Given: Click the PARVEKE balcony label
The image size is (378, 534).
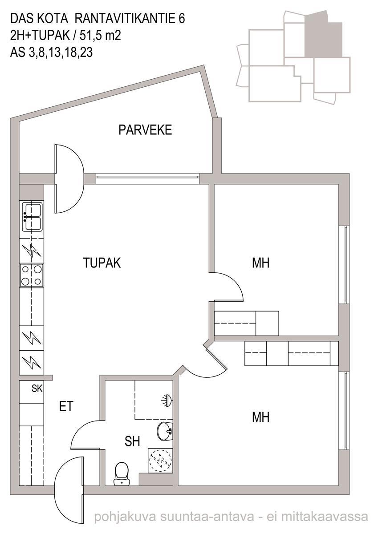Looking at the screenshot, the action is (145, 130).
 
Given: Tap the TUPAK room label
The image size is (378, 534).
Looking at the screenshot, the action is (102, 263).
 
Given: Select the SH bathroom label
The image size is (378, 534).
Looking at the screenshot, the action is (132, 441).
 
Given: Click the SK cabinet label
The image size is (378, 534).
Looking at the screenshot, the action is (37, 389).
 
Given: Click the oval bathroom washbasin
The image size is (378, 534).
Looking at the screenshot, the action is (165, 431).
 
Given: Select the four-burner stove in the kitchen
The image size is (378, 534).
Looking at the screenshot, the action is (32, 275).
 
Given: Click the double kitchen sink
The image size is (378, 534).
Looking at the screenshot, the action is (33, 216).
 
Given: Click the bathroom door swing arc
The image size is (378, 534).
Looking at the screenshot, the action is (79, 429).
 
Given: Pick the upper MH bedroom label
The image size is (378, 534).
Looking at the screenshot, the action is (260, 263).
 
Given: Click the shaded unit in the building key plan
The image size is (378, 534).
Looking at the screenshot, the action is (323, 36).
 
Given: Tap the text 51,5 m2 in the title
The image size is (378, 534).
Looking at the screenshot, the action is (101, 36).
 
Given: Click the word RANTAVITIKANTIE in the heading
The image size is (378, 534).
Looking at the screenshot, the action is (125, 19).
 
